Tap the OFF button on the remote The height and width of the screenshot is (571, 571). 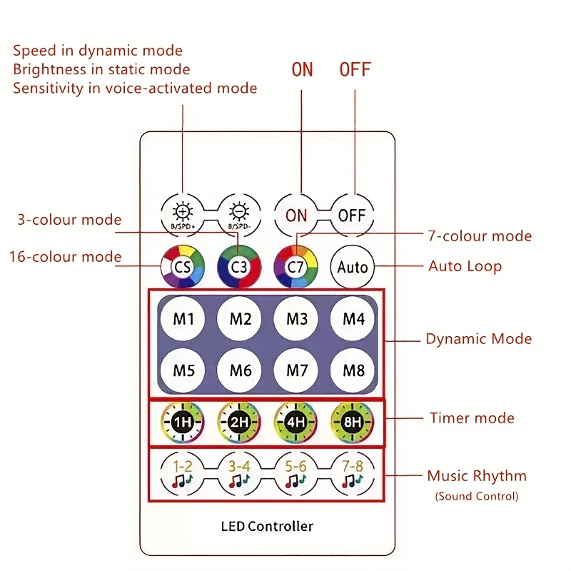coord(352,214)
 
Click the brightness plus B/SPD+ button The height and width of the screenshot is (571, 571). coord(183,214)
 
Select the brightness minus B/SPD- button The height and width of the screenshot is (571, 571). coord(239,214)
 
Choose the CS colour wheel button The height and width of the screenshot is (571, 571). coord(183,266)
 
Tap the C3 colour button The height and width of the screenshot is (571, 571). coord(239,266)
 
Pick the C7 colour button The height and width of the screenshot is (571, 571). coord(295,266)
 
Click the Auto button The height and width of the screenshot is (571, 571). coord(352,267)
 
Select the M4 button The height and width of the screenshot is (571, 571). coord(353,318)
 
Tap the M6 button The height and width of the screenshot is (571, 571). coord(240,370)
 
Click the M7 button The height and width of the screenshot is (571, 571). coord(296,370)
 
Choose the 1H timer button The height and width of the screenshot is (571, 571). coord(183,423)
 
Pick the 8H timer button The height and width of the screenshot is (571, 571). coord(352,423)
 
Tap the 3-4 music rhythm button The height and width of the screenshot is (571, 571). coord(240,474)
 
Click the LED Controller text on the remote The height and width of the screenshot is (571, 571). coord(267,527)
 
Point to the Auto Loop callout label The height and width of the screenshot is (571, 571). coord(465,266)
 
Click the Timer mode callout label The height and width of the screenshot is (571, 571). coord(472,418)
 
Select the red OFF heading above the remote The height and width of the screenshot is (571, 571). coord(355,69)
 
